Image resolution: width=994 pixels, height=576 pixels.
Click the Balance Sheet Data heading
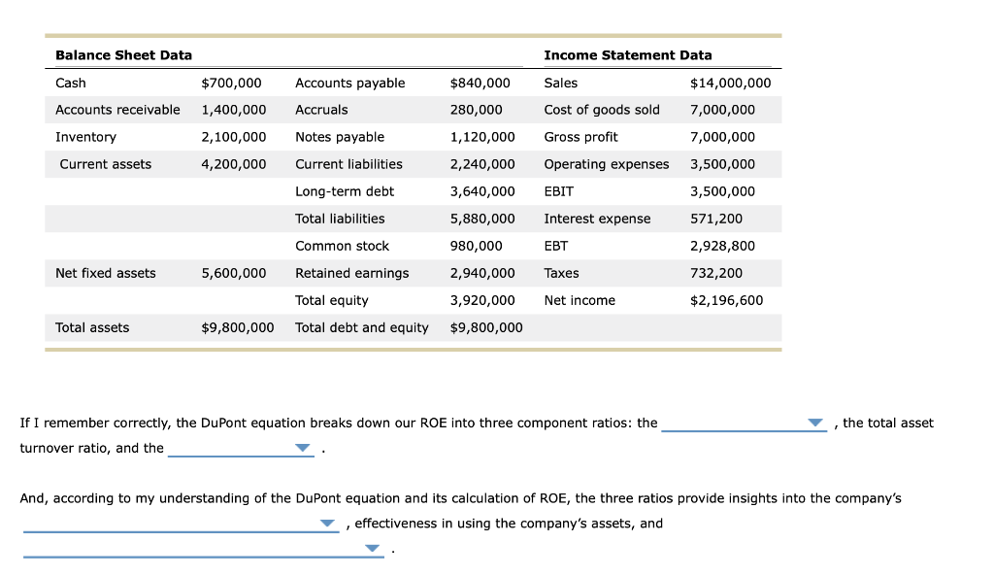pos(123,55)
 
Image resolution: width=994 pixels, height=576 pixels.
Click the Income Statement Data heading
pos(627,55)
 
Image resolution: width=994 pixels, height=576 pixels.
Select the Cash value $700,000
pos(230,83)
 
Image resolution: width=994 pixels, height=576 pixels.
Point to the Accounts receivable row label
pos(117,110)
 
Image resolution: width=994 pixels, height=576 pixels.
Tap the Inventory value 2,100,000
pos(233,137)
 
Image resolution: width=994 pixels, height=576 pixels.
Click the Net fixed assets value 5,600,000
pos(233,273)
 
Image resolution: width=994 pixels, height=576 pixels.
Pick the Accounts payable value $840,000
pos(480,83)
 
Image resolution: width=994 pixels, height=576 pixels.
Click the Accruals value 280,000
pos(476,110)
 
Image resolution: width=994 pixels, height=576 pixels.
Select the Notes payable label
pos(339,137)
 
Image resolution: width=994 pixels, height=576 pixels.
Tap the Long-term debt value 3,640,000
pos(481,191)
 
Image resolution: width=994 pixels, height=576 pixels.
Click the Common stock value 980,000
pos(476,246)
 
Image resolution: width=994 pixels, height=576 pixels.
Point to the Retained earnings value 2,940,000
pos(481,273)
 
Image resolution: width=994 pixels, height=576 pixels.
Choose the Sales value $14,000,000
pos(730,83)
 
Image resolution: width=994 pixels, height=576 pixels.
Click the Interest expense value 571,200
pos(715,219)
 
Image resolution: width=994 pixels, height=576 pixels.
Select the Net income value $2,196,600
pos(726,300)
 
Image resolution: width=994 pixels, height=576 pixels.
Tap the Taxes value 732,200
pos(715,273)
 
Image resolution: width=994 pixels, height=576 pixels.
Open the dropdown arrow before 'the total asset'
pos(815,424)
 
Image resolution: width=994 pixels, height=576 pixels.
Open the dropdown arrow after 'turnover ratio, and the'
pos(303,449)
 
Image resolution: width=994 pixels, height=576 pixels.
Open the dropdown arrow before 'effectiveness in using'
pos(327,525)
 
